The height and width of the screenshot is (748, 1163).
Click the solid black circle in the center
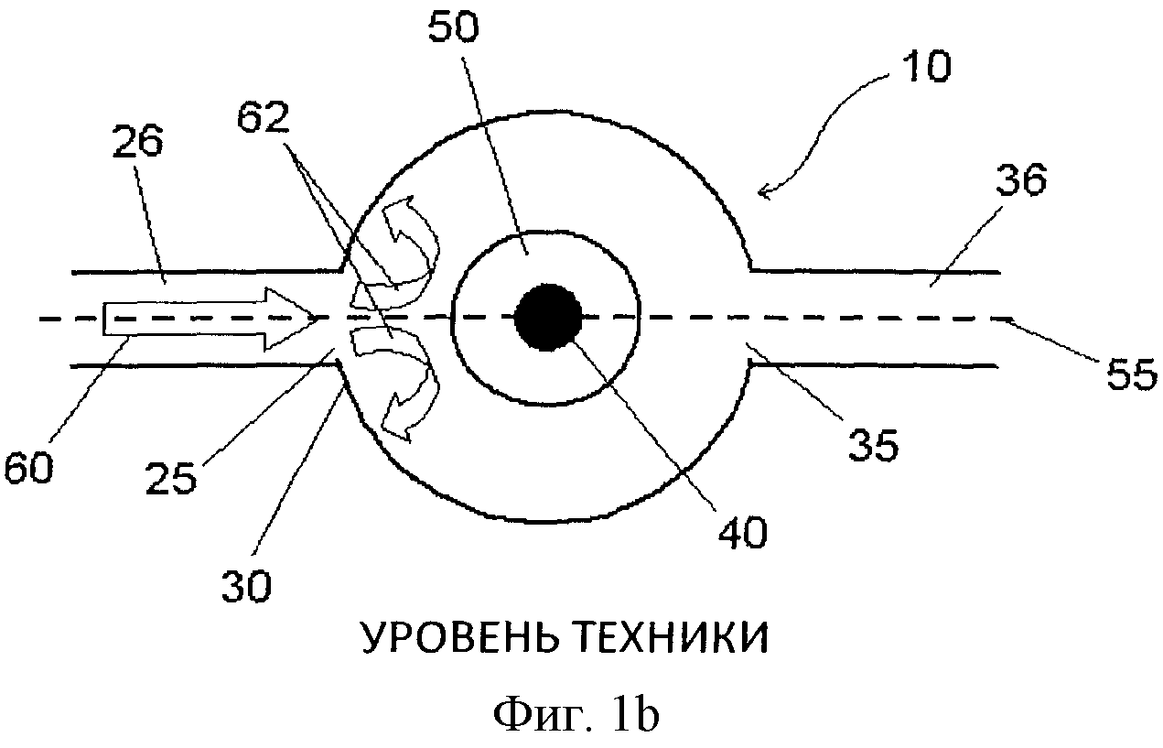[x=546, y=318]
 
